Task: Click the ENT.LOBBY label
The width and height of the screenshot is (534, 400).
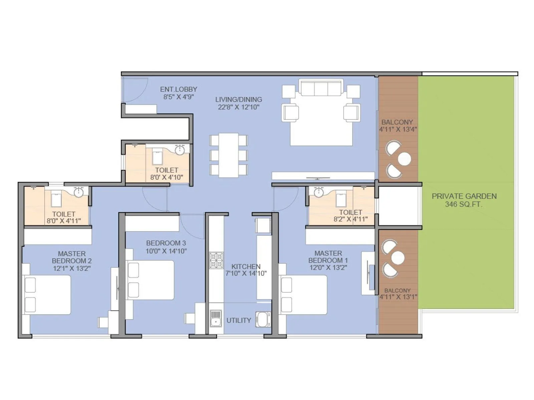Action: (179, 89)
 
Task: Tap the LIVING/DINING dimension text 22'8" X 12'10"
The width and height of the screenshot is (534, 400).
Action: (238, 107)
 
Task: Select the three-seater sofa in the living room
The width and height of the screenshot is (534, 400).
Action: (321, 88)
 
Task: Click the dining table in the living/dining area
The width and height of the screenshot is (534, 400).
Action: (229, 155)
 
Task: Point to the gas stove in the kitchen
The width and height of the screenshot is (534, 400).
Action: (216, 260)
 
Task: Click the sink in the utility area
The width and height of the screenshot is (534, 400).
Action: (216, 319)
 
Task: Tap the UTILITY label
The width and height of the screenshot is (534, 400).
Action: (239, 320)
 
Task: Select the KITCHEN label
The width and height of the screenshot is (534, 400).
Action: (246, 266)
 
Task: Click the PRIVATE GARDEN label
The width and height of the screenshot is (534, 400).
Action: (464, 196)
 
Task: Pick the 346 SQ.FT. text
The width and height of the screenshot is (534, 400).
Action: (464, 204)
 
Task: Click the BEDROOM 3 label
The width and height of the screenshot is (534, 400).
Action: (166, 243)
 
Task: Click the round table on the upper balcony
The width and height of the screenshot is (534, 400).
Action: (404, 159)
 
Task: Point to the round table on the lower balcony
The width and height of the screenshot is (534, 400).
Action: (398, 258)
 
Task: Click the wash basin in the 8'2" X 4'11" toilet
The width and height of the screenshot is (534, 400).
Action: (319, 192)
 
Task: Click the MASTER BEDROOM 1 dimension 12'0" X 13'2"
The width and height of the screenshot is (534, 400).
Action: (328, 267)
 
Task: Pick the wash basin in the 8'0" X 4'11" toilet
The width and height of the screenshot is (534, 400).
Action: (79, 192)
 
